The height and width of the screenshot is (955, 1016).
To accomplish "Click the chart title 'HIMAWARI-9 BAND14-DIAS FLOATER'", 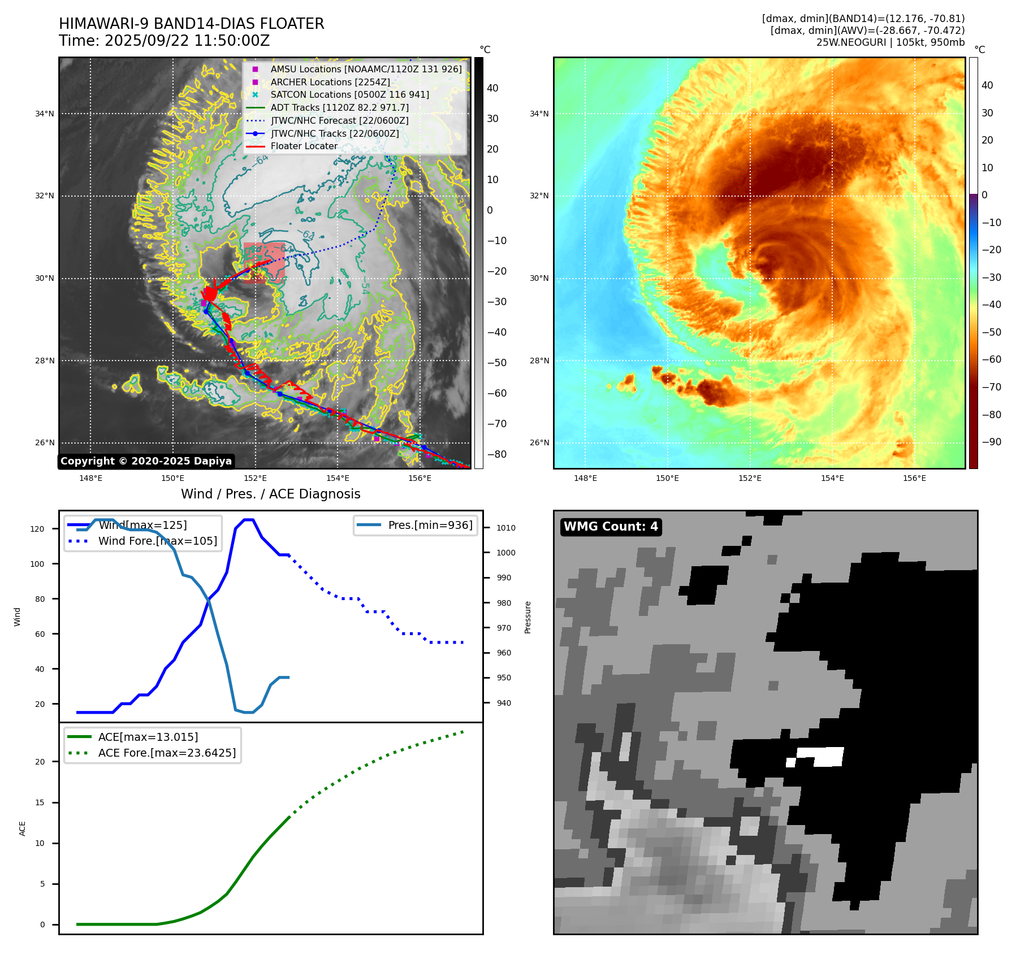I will tap(191, 24).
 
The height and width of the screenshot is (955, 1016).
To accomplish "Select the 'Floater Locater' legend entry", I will tap(304, 146).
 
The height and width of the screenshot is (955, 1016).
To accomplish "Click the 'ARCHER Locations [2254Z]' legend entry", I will tap(330, 82).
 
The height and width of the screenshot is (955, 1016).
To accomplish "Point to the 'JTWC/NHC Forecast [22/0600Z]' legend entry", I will tap(339, 120).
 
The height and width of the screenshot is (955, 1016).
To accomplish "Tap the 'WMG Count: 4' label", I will tap(611, 527).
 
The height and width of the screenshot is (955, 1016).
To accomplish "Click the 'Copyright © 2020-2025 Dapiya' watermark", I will tap(146, 461).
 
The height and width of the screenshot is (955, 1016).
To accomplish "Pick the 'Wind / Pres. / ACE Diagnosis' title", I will tap(270, 494).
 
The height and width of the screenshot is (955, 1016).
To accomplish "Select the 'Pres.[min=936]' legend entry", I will tap(430, 525).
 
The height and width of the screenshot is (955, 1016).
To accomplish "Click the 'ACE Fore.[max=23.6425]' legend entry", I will tap(167, 753).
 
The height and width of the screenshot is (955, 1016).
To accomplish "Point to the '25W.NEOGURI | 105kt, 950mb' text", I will tap(890, 42).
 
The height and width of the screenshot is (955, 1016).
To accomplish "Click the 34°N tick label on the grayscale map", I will tap(45, 114).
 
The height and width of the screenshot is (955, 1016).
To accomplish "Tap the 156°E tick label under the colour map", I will tap(914, 479).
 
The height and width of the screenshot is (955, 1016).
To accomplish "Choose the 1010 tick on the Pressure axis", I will tap(506, 528).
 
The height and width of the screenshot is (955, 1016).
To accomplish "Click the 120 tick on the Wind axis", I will tap(37, 529).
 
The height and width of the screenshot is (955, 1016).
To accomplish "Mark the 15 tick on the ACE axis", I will tap(40, 802).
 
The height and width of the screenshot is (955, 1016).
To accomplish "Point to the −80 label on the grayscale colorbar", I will tap(497, 454).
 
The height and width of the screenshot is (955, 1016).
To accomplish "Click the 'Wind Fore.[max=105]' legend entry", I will tap(157, 541).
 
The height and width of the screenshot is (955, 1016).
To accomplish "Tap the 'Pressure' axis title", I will tap(528, 617).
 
